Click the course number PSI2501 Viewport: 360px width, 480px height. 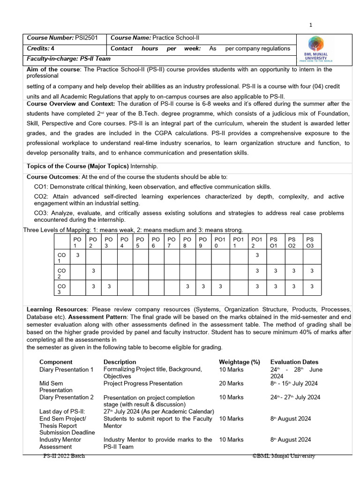click(86, 37)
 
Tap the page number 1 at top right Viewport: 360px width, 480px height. click(310, 25)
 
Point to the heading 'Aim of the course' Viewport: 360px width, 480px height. click(53, 69)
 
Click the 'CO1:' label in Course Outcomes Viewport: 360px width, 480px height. click(42, 187)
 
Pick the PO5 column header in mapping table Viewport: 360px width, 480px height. click(140, 242)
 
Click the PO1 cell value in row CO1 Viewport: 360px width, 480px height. click(77, 255)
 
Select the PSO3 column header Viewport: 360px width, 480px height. click(310, 242)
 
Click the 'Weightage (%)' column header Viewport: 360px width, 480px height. click(239, 362)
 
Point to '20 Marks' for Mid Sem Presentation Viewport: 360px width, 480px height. click(231, 383)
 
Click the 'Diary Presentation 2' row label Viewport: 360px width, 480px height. click(67, 397)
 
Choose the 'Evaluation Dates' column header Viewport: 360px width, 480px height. click(294, 362)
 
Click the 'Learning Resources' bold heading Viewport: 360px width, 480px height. click(56, 310)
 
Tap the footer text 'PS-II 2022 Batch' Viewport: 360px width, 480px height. click(64, 456)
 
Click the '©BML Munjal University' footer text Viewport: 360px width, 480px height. click(284, 456)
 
